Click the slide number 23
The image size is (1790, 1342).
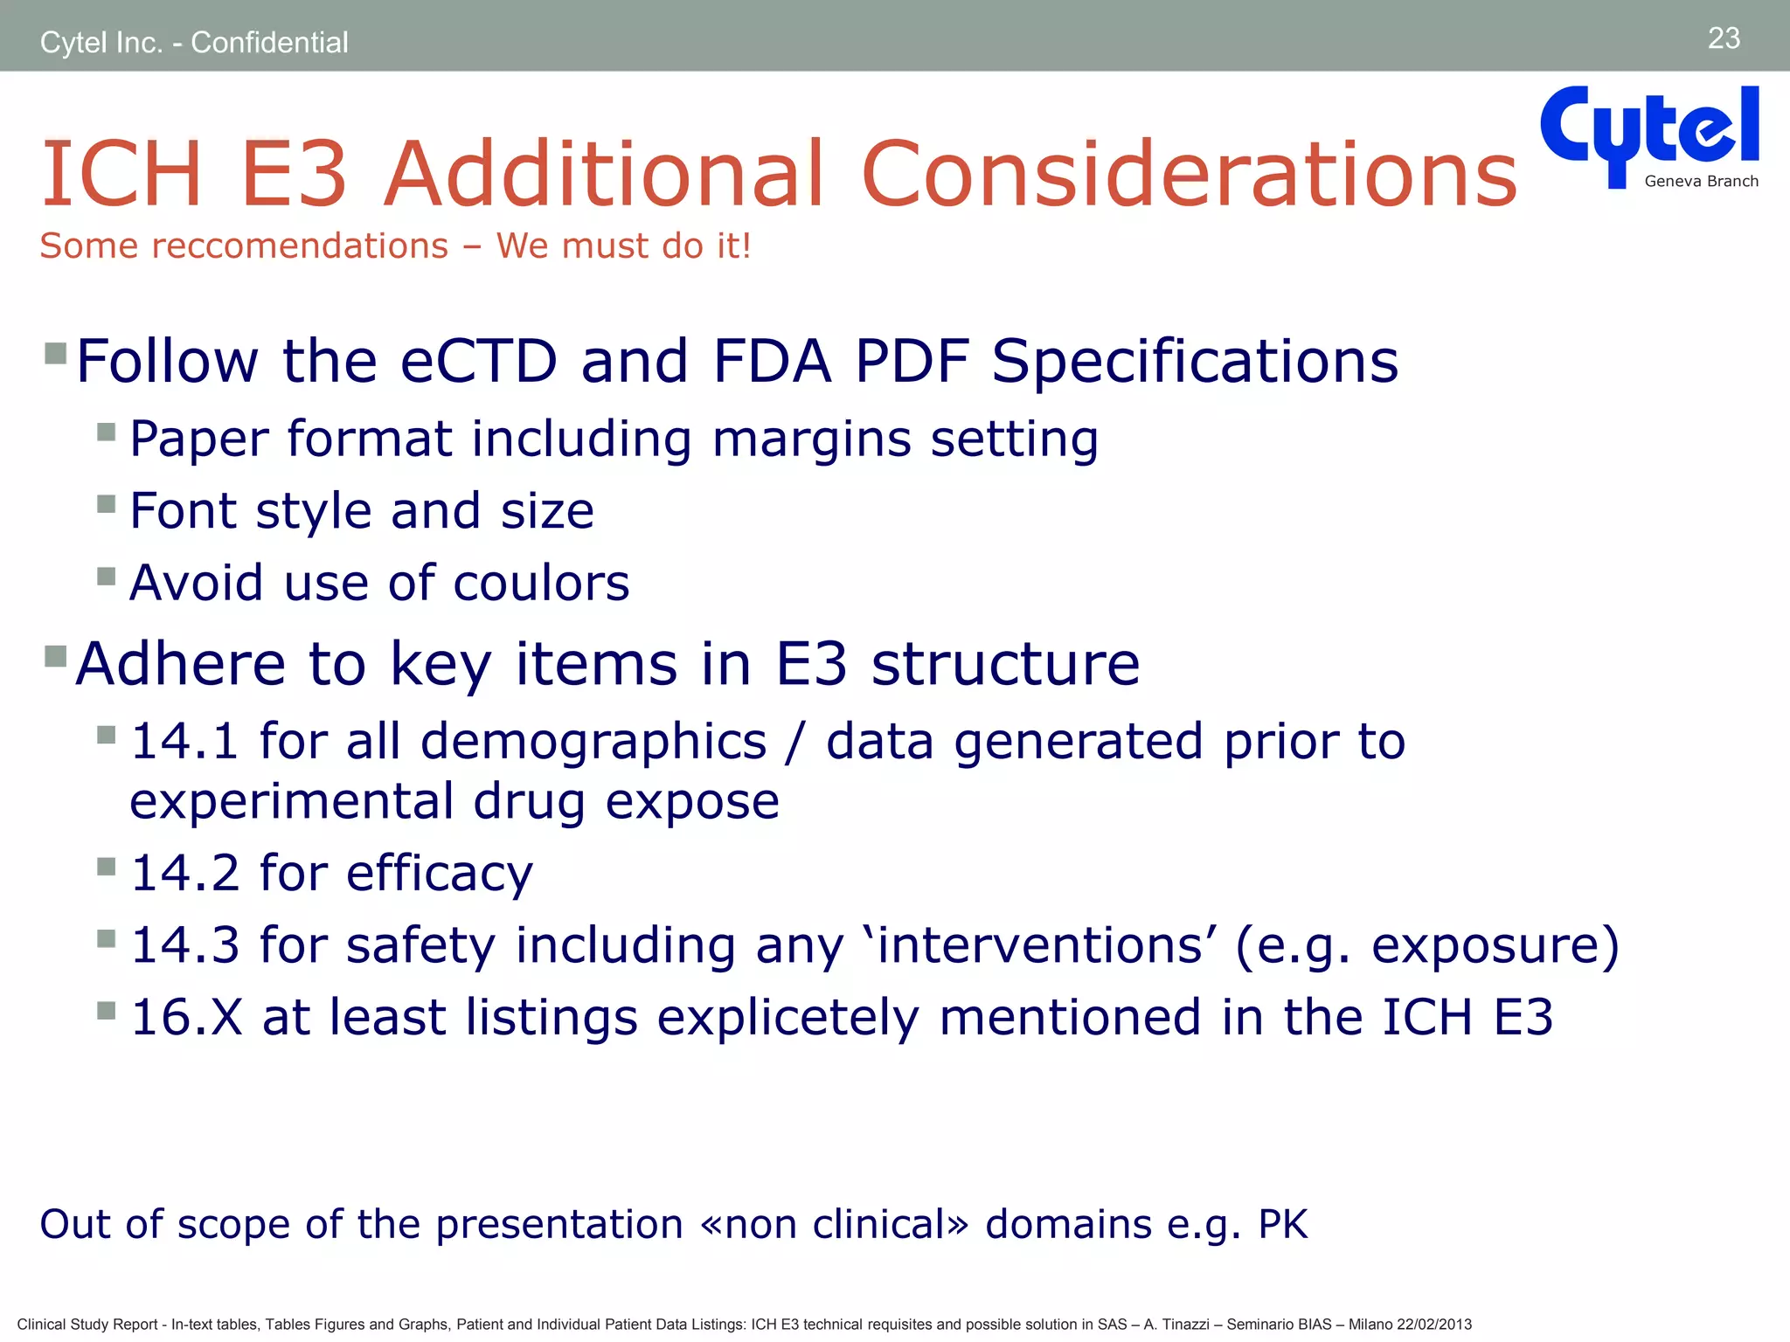1724,38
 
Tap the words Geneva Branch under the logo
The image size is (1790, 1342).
1701,182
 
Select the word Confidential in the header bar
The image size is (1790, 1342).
269,42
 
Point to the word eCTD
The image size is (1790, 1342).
478,361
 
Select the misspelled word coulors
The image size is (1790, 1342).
541,583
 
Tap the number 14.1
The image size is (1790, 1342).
184,742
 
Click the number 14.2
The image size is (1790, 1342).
184,873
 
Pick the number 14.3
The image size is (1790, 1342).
184,945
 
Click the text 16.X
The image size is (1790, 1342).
186,1018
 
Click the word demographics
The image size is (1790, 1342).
593,742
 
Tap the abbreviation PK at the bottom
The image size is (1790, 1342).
1282,1224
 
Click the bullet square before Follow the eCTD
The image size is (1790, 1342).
56,353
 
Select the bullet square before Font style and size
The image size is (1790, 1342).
107,504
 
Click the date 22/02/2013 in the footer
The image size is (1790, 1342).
1433,1325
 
